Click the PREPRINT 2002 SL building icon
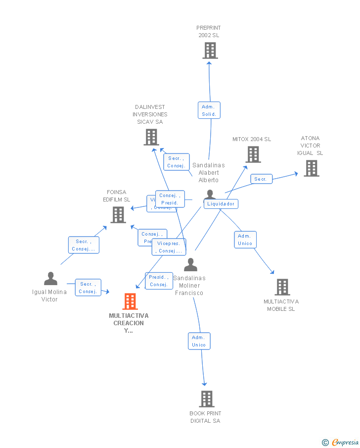[x=210, y=50]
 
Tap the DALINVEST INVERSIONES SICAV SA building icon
[x=151, y=137]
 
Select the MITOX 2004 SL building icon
[x=253, y=154]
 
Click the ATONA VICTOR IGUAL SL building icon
[x=312, y=168]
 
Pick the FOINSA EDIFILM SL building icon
[x=118, y=215]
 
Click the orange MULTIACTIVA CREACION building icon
[x=130, y=301]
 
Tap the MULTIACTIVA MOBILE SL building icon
[x=282, y=287]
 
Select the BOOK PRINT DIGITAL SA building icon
[x=207, y=398]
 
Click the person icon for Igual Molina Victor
[x=50, y=279]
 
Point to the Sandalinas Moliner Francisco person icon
[x=190, y=265]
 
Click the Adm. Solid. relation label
[x=209, y=110]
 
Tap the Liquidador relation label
[x=221, y=204]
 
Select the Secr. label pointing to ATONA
[x=261, y=179]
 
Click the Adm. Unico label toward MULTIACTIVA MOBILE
[x=245, y=240]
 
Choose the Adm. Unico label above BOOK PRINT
[x=199, y=341]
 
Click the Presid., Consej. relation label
[x=159, y=281]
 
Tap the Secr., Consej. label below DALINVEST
[x=176, y=162]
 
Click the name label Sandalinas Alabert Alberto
[x=208, y=173]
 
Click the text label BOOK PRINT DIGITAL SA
[x=206, y=417]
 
